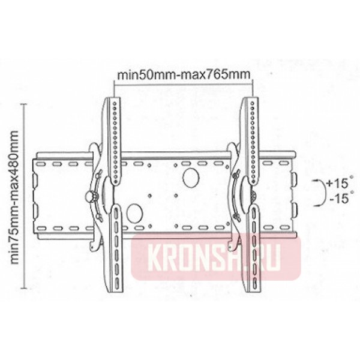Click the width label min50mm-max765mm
(x=182, y=75)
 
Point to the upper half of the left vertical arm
(x=113, y=138)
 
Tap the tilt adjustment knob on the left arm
(x=91, y=196)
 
